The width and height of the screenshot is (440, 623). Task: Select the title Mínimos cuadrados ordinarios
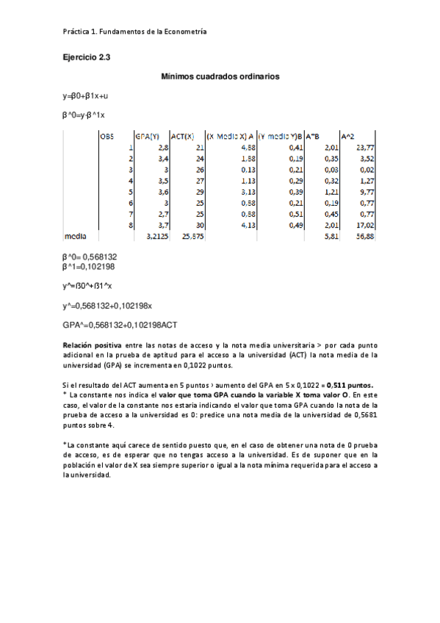coord(220,76)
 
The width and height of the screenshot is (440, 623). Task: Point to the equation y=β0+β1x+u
coord(85,96)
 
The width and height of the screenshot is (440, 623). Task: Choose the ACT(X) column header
coord(182,136)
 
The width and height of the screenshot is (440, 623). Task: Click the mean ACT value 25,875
coord(192,237)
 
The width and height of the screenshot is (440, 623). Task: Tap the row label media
coord(76,237)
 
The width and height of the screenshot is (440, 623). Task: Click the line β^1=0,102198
coord(89,266)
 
